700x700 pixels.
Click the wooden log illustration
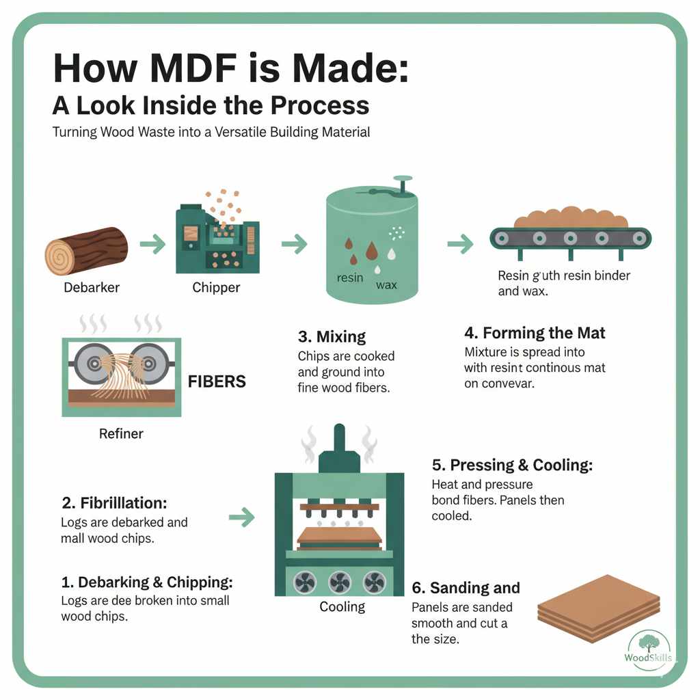click(86, 251)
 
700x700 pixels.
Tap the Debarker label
click(92, 288)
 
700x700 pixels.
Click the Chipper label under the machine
click(216, 288)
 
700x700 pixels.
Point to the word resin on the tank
click(350, 278)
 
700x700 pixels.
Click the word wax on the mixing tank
click(386, 284)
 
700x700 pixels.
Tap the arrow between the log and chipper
click(152, 243)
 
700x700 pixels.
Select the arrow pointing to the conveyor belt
click(460, 243)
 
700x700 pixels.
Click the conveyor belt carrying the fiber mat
click(571, 238)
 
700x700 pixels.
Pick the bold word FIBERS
click(217, 381)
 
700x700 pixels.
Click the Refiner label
click(121, 433)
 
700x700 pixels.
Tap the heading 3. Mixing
click(332, 336)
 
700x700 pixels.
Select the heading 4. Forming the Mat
click(535, 334)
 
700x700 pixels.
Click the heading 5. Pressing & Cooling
click(512, 466)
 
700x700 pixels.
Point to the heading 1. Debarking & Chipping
click(147, 582)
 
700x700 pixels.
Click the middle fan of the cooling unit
click(339, 582)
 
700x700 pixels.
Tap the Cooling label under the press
click(342, 607)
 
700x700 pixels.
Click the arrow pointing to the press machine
click(241, 517)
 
